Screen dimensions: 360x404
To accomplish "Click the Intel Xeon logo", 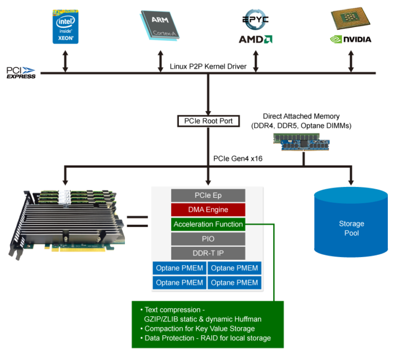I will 65,26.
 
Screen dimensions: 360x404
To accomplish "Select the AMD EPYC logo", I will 255,28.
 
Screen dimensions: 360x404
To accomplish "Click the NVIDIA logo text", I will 350,39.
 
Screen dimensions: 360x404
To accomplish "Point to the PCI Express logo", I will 21,73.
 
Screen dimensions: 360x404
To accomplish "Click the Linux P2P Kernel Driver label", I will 208,66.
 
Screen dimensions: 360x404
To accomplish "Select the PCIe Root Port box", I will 207,121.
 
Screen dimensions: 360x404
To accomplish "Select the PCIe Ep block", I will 208,195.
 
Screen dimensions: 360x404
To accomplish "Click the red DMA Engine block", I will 208,210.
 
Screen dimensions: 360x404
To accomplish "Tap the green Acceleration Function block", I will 208,224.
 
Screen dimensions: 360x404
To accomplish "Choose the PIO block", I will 208,239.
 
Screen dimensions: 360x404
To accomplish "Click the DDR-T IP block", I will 208,253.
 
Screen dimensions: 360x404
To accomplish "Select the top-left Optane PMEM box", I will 180,268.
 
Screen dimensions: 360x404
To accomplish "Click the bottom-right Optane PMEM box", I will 235,282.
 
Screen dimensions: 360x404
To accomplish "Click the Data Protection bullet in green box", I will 207,338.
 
